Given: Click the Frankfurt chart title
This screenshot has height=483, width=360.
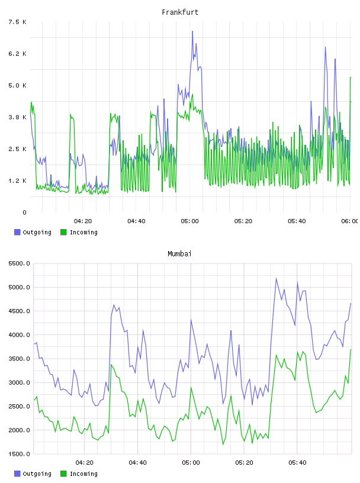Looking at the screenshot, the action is tap(180, 12).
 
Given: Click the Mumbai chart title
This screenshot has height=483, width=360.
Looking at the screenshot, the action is tap(179, 254).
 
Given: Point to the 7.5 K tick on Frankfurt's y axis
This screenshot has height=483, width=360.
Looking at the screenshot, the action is tap(17, 22).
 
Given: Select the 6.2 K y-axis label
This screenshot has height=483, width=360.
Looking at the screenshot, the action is tap(17, 54).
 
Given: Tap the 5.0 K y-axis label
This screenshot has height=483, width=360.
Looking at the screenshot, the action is tap(17, 85).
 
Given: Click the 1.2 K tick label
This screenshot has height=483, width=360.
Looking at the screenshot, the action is tap(17, 181).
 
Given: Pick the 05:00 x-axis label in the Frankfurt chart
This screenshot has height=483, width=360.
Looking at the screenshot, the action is tap(189, 221).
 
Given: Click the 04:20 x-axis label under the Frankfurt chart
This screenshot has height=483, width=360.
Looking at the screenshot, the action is tap(83, 221).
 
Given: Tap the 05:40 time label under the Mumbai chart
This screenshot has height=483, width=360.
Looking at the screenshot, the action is tap(297, 463).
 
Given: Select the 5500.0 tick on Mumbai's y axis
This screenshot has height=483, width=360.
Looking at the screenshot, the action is tap(19, 263).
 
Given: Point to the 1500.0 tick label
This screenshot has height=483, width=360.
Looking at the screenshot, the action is tap(19, 454).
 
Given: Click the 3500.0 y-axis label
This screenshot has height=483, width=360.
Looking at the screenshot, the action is tap(19, 359).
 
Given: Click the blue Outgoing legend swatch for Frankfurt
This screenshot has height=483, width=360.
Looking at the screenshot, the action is tap(17, 232).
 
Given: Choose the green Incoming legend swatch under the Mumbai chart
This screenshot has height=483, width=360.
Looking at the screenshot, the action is tap(63, 474).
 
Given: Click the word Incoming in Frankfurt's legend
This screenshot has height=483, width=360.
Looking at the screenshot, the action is tap(83, 233).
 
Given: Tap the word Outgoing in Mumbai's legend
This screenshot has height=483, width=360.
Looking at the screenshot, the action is tap(37, 474).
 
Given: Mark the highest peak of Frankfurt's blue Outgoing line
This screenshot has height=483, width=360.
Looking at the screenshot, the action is tap(192, 31).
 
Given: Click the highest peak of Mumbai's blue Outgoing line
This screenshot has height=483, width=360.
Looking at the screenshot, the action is tap(276, 278).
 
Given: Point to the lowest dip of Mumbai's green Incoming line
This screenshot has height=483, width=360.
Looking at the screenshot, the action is tap(223, 444).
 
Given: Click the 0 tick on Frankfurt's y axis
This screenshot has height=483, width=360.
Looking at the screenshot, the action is tap(24, 212).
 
